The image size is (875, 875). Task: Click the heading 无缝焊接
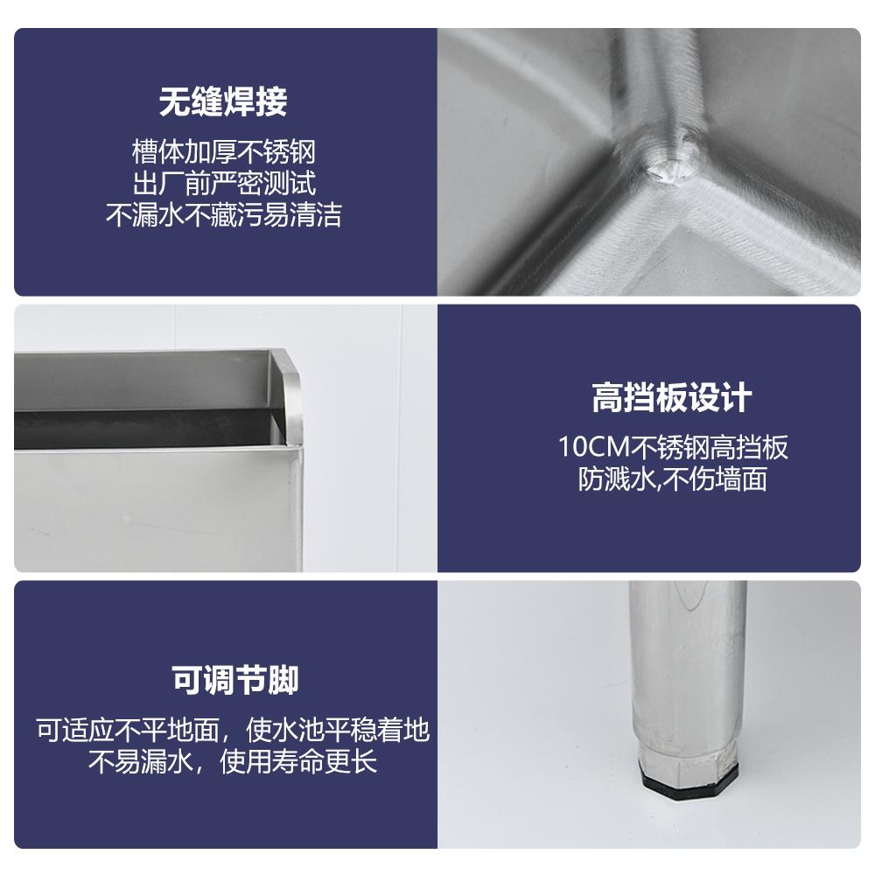click(223, 103)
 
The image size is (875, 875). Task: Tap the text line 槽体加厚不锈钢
click(223, 152)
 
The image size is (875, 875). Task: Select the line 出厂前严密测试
click(223, 184)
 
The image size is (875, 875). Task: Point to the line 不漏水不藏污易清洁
click(223, 215)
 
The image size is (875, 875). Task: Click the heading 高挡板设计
click(672, 398)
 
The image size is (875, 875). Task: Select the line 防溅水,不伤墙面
click(672, 479)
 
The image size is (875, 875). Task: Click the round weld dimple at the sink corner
click(668, 164)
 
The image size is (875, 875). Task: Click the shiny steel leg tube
click(688, 665)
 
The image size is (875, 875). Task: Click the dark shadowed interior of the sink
click(149, 429)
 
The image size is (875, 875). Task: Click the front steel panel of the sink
click(157, 507)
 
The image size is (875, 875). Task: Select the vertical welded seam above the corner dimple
click(658, 79)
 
